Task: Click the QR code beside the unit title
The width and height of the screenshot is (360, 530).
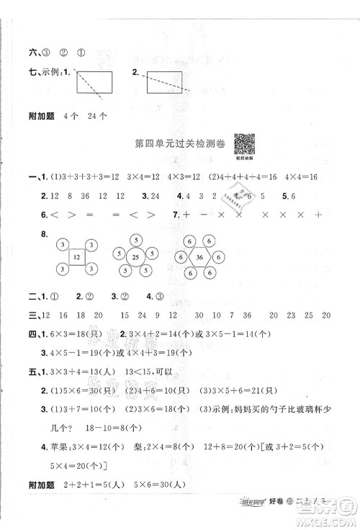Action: [x=243, y=144]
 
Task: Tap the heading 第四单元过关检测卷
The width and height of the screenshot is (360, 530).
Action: [x=180, y=145]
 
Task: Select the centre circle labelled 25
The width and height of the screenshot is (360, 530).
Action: [x=135, y=255]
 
